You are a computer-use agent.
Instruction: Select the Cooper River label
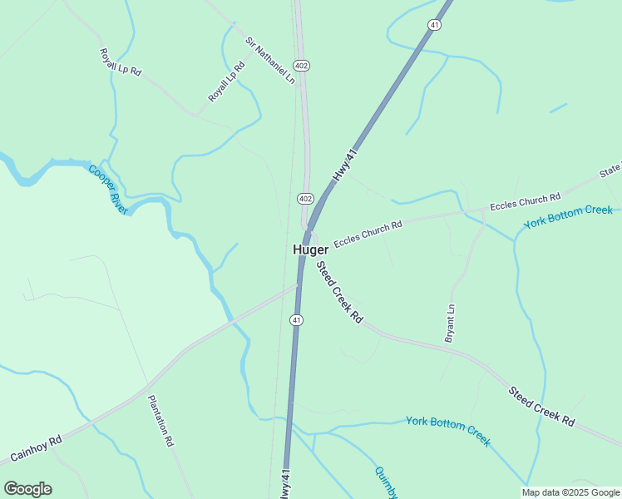click(108, 190)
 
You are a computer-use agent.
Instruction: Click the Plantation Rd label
click(160, 422)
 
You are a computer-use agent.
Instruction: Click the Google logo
click(27, 489)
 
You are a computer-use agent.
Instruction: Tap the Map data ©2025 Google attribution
click(570, 492)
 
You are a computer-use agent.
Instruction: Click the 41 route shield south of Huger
click(297, 320)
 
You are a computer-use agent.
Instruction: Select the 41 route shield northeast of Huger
click(435, 26)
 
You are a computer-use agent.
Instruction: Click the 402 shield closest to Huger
click(304, 198)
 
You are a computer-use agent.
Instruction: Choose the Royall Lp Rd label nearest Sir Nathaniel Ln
click(227, 82)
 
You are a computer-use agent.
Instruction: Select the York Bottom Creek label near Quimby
click(447, 430)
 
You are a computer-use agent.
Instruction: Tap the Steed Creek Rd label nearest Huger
click(339, 292)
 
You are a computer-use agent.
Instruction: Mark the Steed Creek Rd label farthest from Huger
click(542, 407)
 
